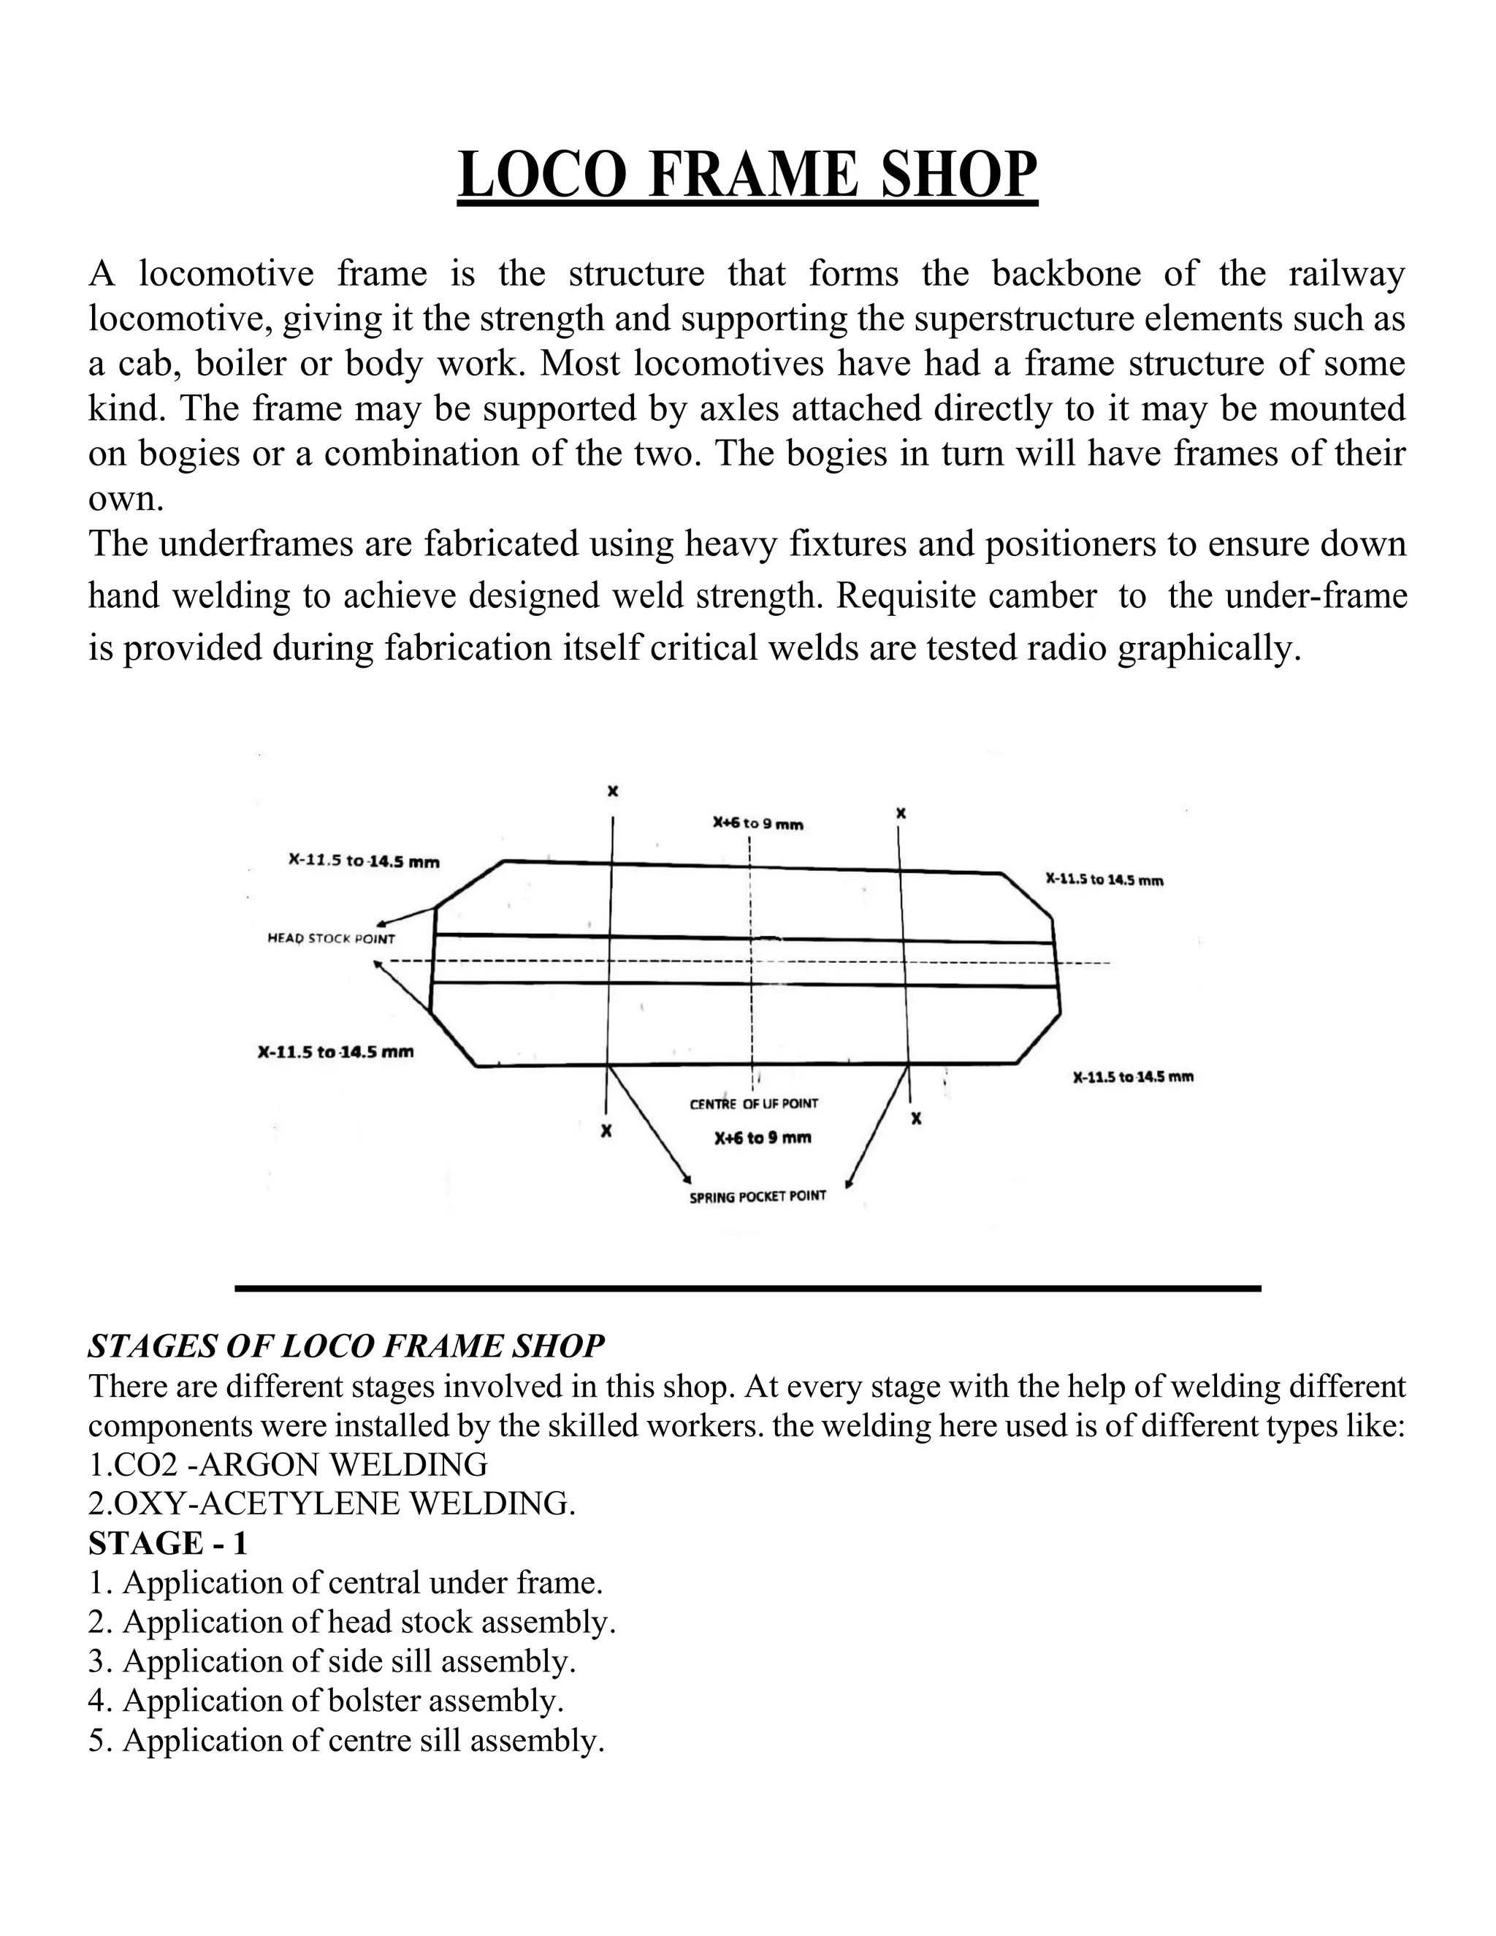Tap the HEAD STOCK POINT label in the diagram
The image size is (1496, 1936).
click(x=331, y=939)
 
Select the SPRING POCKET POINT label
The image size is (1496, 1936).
click(x=757, y=1197)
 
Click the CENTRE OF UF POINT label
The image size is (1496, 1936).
click(x=753, y=1104)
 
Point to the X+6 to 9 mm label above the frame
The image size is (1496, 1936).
click(x=757, y=823)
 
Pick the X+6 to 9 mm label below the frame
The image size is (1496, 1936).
click(x=762, y=1137)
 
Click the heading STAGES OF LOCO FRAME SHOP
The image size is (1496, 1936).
click(x=346, y=1346)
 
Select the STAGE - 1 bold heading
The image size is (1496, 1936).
click(x=167, y=1543)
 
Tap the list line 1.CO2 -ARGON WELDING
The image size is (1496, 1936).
click(x=288, y=1464)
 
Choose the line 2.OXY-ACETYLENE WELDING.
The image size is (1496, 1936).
click(x=332, y=1504)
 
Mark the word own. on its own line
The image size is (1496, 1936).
click(x=126, y=499)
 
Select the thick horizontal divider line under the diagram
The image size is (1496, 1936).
click(x=747, y=1288)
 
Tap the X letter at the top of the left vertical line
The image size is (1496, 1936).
click(x=612, y=790)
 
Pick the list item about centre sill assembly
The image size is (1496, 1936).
click(x=346, y=1740)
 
